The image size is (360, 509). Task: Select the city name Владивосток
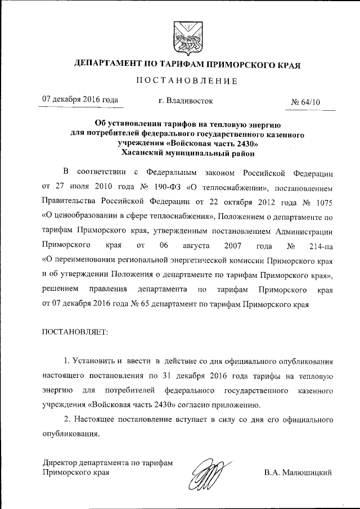tap(186, 101)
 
